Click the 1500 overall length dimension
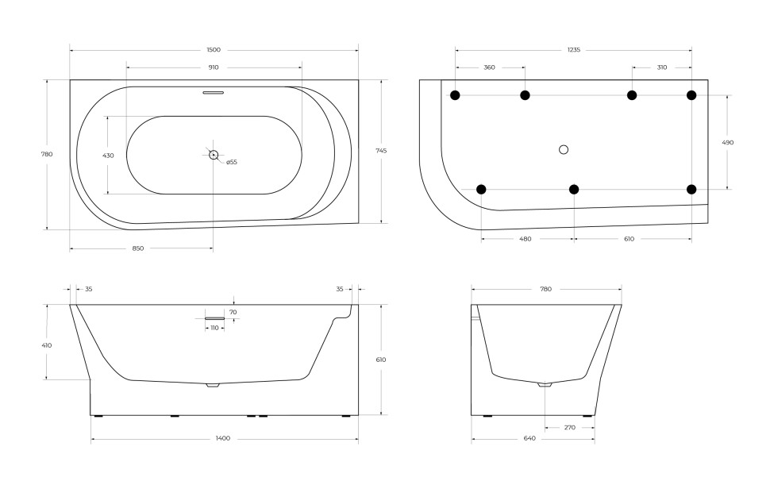213,50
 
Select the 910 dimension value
213,67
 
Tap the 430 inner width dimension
108,156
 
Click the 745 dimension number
382,151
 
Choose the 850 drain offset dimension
137,248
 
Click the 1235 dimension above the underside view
573,50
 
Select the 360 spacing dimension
489,67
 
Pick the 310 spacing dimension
662,67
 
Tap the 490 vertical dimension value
727,143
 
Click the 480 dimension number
525,238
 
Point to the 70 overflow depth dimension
233,312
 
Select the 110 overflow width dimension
214,328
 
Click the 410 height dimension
47,345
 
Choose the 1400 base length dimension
223,438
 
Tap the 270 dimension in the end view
568,427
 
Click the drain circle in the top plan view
214,155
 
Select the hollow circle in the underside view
564,149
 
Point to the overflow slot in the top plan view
214,93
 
